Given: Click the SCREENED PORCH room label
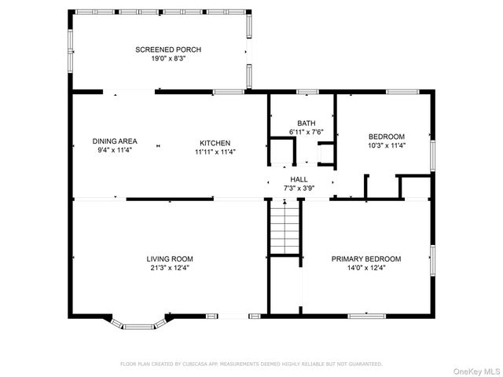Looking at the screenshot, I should (x=161, y=49).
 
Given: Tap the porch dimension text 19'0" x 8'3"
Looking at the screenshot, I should (x=161, y=58).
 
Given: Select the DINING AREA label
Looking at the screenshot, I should (x=115, y=142).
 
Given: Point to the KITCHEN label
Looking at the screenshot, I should (x=214, y=142).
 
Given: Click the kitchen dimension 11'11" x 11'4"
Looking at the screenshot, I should (x=214, y=152).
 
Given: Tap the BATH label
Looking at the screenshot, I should (x=306, y=123).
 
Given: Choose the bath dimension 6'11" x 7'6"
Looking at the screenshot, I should (x=306, y=132).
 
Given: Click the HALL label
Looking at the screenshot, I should (x=299, y=180).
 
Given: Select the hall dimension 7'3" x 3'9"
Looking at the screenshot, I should (x=299, y=188).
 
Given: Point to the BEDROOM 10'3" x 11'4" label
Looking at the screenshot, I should (x=386, y=136).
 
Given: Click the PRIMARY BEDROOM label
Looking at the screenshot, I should (x=365, y=258).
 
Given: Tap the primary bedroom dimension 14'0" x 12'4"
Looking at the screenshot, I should (x=365, y=268).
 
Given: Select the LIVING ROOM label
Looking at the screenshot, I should (x=169, y=258).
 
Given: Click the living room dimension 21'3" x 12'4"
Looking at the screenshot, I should (x=169, y=268).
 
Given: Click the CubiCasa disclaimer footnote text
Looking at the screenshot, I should (x=251, y=364).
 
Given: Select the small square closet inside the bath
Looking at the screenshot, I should (x=280, y=151).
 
